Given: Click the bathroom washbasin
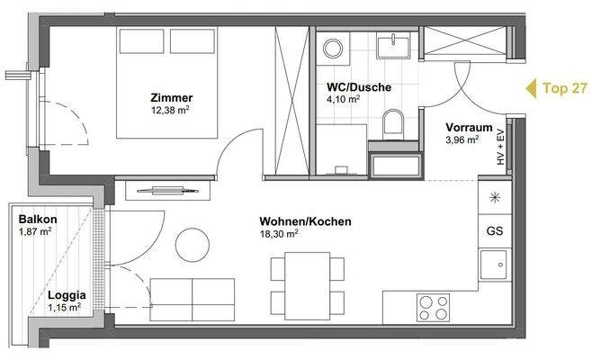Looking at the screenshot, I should click(394, 44).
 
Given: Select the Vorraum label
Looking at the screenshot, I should click(467, 127).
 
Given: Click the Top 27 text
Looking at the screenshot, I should click(565, 88).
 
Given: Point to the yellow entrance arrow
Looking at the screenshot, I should click(530, 88).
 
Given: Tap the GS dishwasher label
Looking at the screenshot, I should click(495, 229).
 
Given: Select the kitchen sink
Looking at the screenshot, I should click(494, 265).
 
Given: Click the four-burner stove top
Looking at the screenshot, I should click(435, 307).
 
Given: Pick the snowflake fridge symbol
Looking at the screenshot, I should click(494, 196).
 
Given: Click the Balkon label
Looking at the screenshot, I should click(38, 220).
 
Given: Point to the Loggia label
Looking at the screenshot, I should click(67, 294).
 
